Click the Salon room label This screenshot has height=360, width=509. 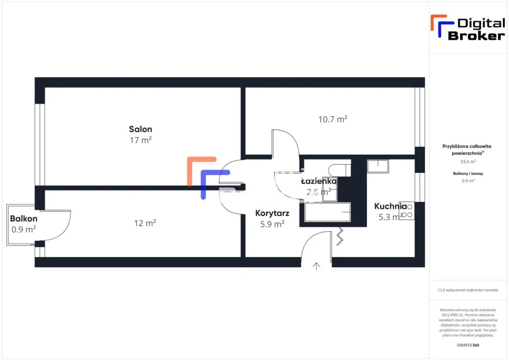coord(140,129)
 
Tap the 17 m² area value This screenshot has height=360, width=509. coord(140,140)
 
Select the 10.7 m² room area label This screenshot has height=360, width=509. coord(333,119)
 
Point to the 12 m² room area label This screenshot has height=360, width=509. coord(145,223)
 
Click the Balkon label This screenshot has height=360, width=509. coord(23,218)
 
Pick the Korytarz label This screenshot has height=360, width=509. coord(272,213)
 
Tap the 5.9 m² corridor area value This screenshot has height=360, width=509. coord(272,224)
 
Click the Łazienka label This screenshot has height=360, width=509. coord(319,181)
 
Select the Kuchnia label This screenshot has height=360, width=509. coord(390,206)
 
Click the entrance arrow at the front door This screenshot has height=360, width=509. coord(317,266)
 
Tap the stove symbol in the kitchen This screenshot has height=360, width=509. coord(407,210)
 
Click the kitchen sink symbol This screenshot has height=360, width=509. coord(377,166)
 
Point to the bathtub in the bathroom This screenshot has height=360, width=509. coord(328,212)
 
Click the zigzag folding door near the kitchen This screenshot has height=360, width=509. coord(340,236)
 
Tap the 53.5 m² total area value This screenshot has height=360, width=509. coord(468,162)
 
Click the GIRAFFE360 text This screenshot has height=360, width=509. coord(468,345)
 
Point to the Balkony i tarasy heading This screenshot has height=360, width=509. coord(468,173)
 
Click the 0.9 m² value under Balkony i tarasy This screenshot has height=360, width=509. coord(468,181)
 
